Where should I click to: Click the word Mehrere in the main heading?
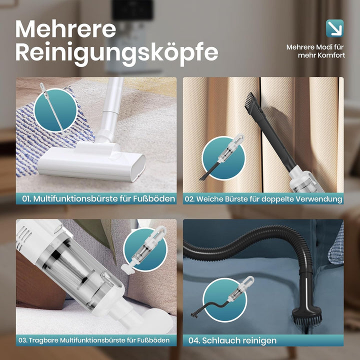click(x=65, y=28)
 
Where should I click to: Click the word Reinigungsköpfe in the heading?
click(x=116, y=53)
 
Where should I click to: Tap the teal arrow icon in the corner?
click(x=334, y=28)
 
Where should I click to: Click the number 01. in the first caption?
click(x=26, y=199)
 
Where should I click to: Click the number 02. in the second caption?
click(x=189, y=199)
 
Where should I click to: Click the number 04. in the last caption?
click(x=194, y=340)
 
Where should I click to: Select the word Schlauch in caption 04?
click(x=221, y=340)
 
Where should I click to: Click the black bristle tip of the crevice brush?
click(x=249, y=100)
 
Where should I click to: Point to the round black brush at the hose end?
click(x=307, y=316)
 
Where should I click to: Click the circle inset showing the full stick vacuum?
click(x=55, y=110)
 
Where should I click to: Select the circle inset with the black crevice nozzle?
click(x=223, y=158)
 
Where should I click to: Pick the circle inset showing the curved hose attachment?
click(x=225, y=300)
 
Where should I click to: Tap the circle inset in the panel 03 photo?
click(x=145, y=250)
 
